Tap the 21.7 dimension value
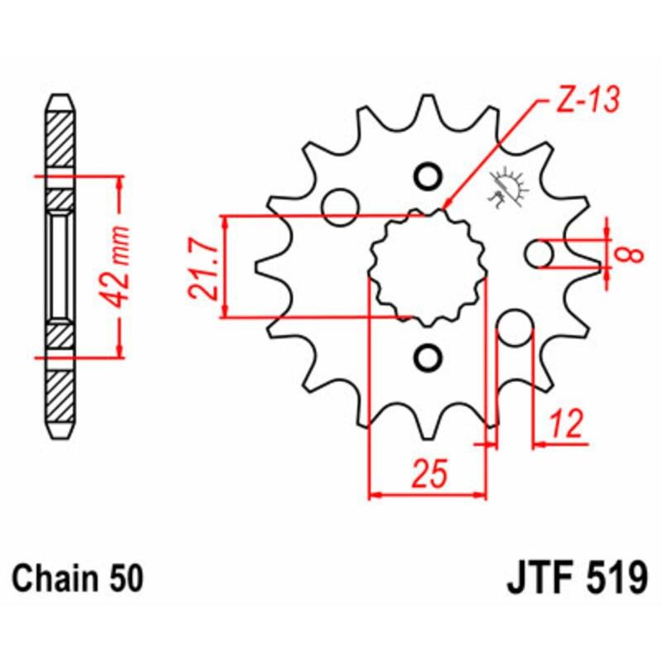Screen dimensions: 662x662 point(204,267)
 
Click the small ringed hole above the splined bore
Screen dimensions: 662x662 point(428,177)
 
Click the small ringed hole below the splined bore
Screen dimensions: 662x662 point(428,357)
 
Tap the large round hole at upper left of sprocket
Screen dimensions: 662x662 point(339,206)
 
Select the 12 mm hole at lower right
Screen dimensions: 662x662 point(516,329)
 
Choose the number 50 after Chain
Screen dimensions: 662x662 point(126,577)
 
